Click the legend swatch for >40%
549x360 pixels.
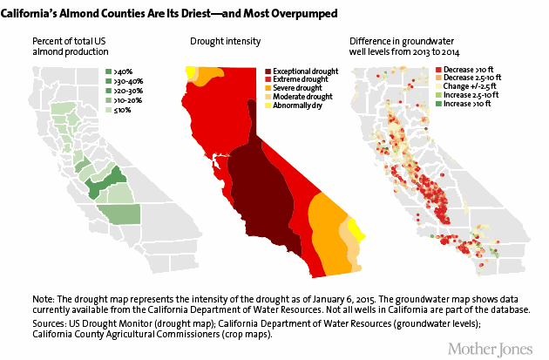pos(108,70)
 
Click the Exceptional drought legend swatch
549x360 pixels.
pos(267,70)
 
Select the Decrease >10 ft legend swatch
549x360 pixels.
pos(438,65)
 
